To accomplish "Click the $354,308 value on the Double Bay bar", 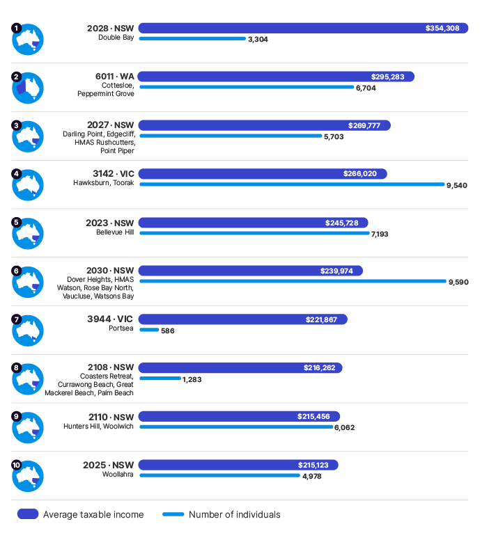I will (442, 29).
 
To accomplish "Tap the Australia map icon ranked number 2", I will (29, 88).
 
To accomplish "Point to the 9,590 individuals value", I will (458, 282).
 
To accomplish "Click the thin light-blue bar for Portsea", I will (149, 330).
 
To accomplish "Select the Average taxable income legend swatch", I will (27, 514).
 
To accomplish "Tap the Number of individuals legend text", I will (234, 515).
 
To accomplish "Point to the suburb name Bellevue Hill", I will (115, 232).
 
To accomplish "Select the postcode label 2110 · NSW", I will (111, 417).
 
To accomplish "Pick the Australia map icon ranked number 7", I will (29, 331).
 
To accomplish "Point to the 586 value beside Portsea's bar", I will (167, 331).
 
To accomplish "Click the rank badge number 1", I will (16, 29).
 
